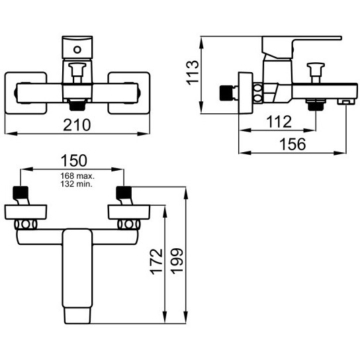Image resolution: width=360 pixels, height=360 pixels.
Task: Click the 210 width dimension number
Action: tap(77, 125)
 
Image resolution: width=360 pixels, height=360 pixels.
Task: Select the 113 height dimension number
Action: tap(192, 73)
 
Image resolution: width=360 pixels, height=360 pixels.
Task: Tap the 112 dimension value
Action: tap(279, 122)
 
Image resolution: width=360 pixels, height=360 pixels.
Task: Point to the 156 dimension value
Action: tap(292, 144)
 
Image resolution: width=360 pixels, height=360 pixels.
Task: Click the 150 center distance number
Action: tap(74, 161)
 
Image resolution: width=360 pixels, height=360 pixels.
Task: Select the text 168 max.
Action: tap(77, 176)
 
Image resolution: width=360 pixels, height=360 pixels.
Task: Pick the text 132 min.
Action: tap(76, 184)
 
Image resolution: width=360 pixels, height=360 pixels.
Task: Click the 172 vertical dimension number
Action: tap(156, 261)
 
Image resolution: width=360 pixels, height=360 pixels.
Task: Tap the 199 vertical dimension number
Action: tap(177, 261)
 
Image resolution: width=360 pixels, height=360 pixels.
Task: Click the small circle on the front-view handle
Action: tap(77, 50)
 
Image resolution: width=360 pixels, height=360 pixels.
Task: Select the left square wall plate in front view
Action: tap(26, 93)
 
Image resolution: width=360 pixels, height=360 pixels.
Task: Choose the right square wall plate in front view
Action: tap(129, 93)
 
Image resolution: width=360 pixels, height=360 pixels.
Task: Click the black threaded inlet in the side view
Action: tap(226, 93)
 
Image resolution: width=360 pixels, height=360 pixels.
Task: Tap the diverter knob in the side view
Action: tap(316, 73)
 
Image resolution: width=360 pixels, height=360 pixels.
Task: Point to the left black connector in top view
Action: tap(21, 193)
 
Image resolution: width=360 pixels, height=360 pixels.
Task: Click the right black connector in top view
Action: tap(124, 193)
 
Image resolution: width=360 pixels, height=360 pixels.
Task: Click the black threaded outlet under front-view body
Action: tap(77, 105)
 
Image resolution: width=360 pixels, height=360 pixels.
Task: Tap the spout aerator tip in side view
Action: tap(346, 102)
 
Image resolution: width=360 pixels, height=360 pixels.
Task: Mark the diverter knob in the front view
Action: tap(77, 72)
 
